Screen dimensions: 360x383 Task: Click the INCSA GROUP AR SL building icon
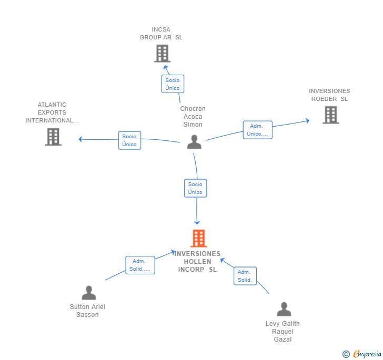point(162,53)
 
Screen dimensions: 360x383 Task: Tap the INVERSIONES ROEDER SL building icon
point(330,115)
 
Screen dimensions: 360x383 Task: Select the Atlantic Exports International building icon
point(53,137)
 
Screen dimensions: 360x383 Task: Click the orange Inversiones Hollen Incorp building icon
point(198,239)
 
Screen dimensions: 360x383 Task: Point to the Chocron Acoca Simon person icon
point(194,142)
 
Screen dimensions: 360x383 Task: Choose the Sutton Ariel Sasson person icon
point(89,293)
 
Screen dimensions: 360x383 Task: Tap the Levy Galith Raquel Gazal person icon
point(284,310)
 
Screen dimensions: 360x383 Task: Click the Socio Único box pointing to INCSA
point(173,84)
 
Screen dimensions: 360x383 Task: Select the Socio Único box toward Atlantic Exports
point(129,140)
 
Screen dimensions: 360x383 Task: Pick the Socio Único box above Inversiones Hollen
point(195,188)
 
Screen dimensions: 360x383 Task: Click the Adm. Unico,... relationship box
point(257,130)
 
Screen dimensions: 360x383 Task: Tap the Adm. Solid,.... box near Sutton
point(140,265)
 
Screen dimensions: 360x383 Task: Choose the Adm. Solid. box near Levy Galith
point(245,276)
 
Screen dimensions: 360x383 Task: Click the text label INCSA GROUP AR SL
point(161,34)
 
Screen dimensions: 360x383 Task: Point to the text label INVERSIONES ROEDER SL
point(329,95)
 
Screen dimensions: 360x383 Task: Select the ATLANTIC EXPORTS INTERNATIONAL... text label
point(52,112)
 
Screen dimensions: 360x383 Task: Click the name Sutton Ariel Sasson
point(87,311)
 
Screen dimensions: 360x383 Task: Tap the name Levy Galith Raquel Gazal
point(283,332)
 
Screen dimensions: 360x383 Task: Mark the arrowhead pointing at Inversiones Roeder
point(307,121)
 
